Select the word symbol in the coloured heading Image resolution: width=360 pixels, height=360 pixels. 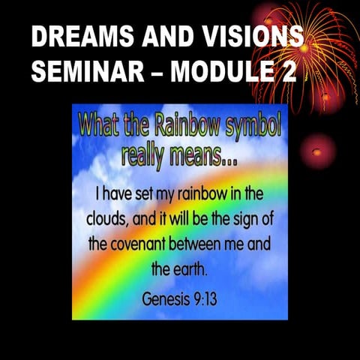point(249,126)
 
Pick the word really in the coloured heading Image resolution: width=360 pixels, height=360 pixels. point(146,154)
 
